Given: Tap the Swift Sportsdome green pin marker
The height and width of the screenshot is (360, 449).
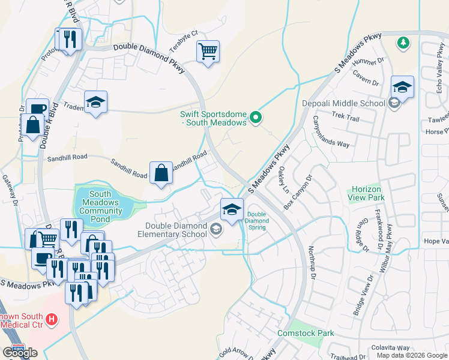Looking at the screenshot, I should click(x=256, y=118).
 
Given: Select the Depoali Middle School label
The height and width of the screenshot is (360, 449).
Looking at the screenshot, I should click(x=344, y=103).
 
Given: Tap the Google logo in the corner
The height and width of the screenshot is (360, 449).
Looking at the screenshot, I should click(x=20, y=353).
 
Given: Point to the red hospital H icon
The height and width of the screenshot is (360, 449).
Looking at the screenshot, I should click(x=52, y=319).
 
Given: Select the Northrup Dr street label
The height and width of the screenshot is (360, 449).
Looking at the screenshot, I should click(x=312, y=261).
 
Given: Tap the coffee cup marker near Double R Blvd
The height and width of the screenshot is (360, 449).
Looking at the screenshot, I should click(x=37, y=109).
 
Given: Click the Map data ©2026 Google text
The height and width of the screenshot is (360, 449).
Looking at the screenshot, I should click(x=412, y=355).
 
